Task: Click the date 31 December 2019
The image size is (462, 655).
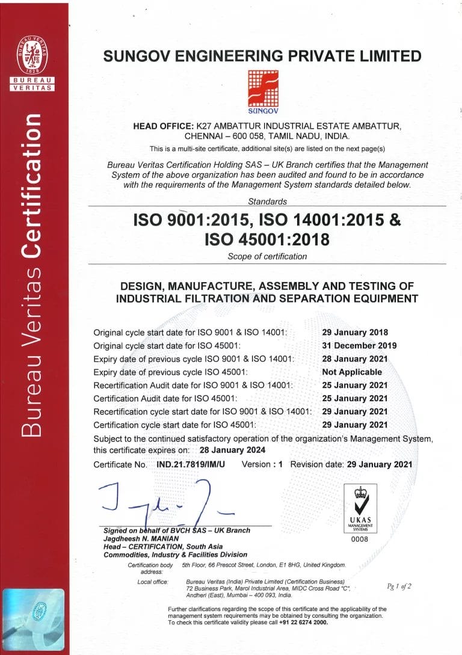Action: (x=355, y=345)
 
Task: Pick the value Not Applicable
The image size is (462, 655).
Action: (x=352, y=372)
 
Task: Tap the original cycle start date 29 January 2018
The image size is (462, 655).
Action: (x=355, y=332)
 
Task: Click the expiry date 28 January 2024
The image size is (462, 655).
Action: (x=232, y=450)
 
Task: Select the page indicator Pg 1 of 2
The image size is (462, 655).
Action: (x=399, y=586)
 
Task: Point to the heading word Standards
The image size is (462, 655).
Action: (x=267, y=201)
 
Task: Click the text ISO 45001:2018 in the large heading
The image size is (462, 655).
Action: (x=267, y=239)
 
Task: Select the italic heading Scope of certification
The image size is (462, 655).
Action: (x=267, y=257)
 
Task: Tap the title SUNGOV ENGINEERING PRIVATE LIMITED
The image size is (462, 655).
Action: (x=263, y=56)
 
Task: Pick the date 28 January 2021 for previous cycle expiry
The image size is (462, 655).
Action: (x=355, y=358)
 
